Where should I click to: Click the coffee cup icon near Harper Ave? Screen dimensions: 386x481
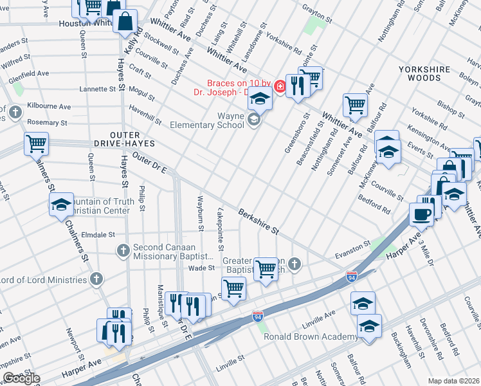tap(422, 214)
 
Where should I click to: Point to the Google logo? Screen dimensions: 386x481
tap(21, 378)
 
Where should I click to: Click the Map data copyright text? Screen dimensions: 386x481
tap(454, 381)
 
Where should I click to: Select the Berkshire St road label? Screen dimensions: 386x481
tap(259, 221)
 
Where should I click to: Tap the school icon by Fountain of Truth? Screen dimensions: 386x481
tap(61, 205)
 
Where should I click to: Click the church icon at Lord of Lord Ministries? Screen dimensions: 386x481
tap(96, 279)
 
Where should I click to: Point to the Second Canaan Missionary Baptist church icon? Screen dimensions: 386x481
tap(123, 248)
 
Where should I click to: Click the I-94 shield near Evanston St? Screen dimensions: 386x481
tap(351, 277)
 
